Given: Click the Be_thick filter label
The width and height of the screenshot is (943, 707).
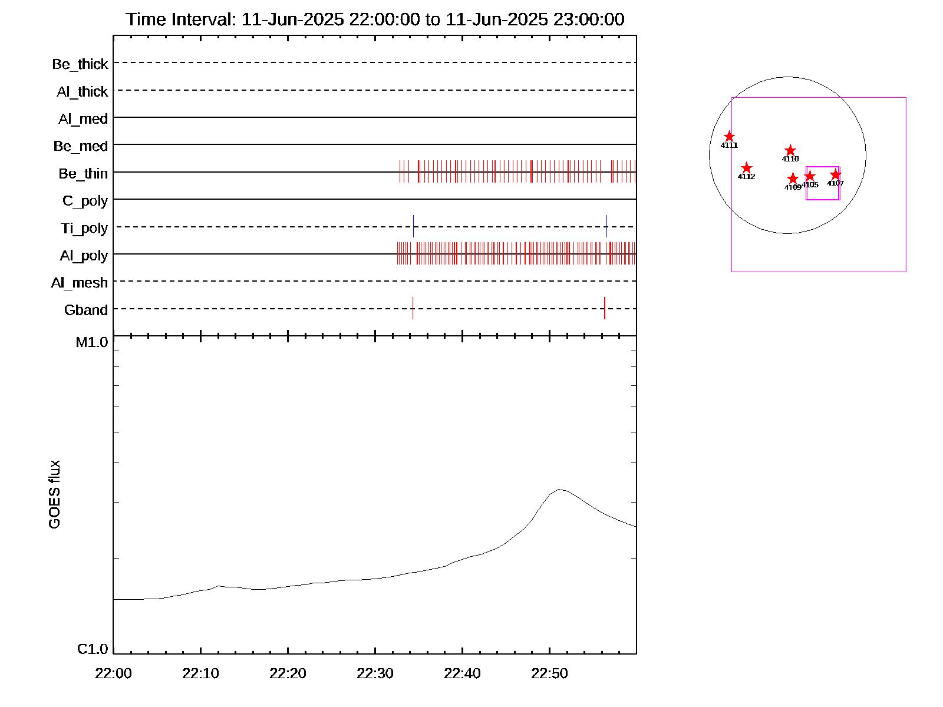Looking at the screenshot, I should click(80, 64).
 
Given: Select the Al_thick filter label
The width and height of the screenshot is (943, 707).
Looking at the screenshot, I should click(83, 92).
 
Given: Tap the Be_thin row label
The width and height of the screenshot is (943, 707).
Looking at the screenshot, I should click(83, 174).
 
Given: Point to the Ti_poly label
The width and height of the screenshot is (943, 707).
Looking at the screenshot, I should click(84, 229).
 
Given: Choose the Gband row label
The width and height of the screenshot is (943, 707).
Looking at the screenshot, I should click(86, 310).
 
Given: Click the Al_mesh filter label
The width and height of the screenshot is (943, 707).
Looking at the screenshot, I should click(80, 283).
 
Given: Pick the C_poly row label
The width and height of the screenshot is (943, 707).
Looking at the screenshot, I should click(85, 201).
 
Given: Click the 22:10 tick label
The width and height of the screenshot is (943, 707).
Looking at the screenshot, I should click(200, 673).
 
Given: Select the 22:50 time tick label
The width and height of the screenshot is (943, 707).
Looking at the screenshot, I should click(549, 673).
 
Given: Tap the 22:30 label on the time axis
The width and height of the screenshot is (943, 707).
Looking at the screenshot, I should click(375, 673).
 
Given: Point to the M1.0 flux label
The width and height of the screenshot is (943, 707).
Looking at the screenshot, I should click(92, 342).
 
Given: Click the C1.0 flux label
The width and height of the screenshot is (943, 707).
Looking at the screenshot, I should click(93, 649).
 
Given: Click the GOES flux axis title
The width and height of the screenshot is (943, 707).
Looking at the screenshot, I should click(54, 495).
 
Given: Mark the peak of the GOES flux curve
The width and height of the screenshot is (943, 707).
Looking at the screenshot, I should click(559, 489).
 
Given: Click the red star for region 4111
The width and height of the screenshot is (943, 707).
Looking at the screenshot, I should click(729, 137).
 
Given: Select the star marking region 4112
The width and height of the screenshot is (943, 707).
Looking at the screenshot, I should click(746, 168).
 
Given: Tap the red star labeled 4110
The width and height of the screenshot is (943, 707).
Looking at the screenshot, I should click(790, 151).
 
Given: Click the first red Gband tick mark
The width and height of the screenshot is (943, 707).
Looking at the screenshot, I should click(413, 308).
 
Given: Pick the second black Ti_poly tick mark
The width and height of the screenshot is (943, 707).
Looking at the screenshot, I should click(606, 226).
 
